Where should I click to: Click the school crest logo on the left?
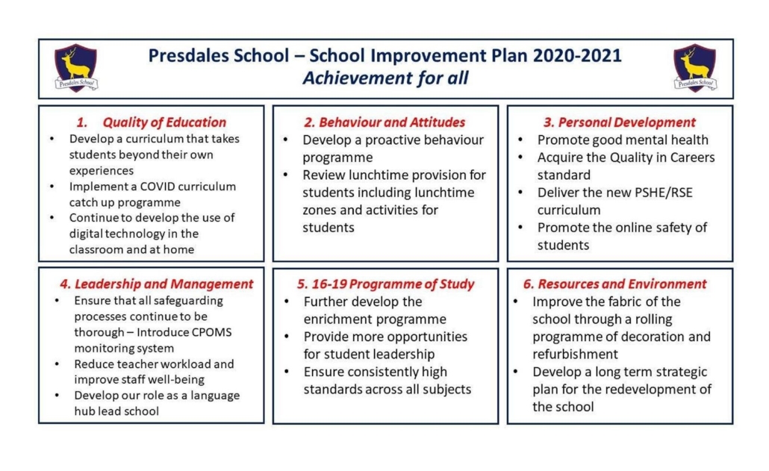coord(75,68)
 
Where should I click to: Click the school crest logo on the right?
coord(694,68)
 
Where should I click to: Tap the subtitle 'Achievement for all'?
coord(385,78)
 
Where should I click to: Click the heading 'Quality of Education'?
coord(164,122)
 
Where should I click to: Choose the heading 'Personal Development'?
coord(626,122)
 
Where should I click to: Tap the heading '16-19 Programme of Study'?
coord(385,284)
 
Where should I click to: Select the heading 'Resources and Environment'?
coord(621,284)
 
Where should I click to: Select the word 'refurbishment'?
coord(575,355)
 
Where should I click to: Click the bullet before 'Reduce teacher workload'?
coord(57,364)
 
